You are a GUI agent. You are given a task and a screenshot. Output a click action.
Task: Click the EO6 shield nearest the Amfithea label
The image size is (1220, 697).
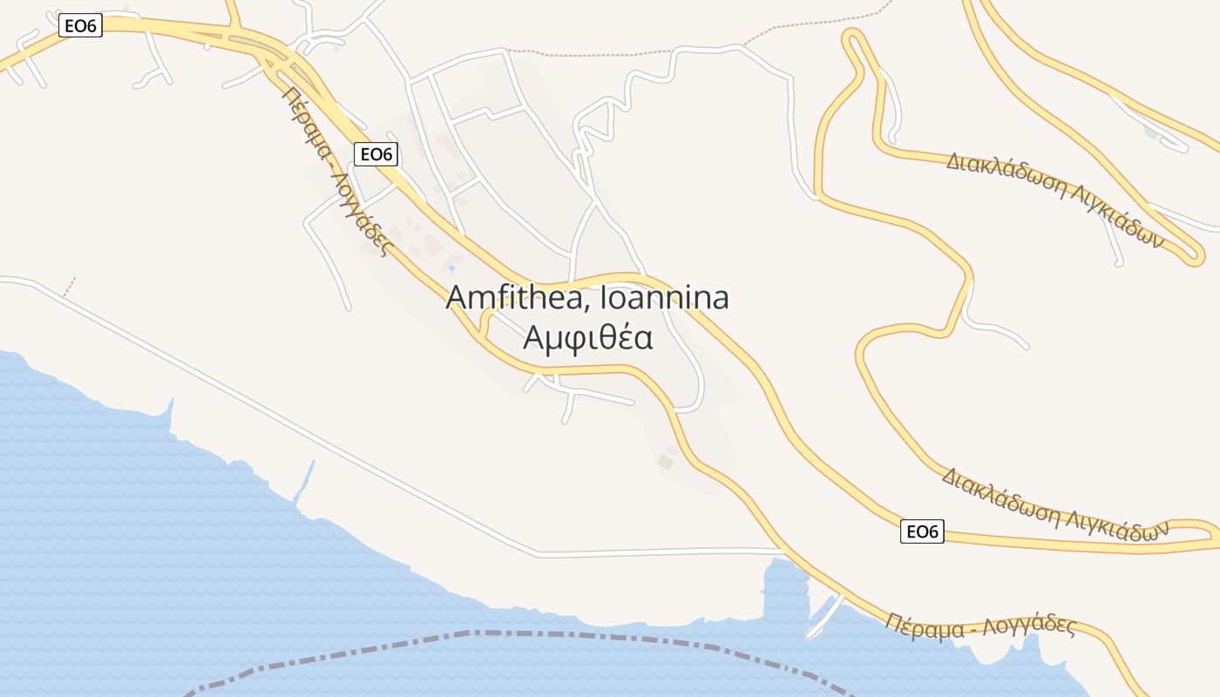[377, 154]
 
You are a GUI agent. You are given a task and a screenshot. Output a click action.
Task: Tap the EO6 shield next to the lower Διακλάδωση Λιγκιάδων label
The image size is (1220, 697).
[922, 531]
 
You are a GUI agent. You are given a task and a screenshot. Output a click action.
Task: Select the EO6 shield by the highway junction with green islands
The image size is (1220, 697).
[81, 26]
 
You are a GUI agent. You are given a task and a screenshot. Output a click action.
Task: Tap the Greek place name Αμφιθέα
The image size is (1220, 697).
[587, 337]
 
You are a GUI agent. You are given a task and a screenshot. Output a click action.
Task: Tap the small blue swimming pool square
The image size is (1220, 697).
[451, 267]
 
